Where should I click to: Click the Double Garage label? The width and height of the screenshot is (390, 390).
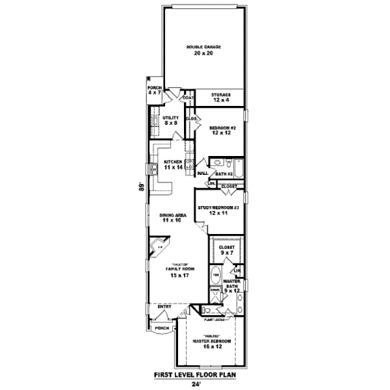(203, 50)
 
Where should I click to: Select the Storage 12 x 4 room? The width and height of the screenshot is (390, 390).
(220, 97)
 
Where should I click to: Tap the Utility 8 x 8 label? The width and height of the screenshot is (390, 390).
(170, 120)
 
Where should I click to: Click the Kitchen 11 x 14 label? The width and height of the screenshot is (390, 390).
(172, 164)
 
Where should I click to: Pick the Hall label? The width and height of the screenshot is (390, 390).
(202, 174)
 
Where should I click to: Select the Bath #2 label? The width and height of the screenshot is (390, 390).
(224, 174)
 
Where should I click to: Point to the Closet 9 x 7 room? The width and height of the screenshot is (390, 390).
(226, 250)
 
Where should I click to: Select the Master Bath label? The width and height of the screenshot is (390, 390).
(232, 287)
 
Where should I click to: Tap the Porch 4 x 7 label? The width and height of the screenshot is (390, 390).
(154, 90)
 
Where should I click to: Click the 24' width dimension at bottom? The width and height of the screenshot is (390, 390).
(196, 383)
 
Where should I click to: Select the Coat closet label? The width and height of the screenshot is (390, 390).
(188, 98)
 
